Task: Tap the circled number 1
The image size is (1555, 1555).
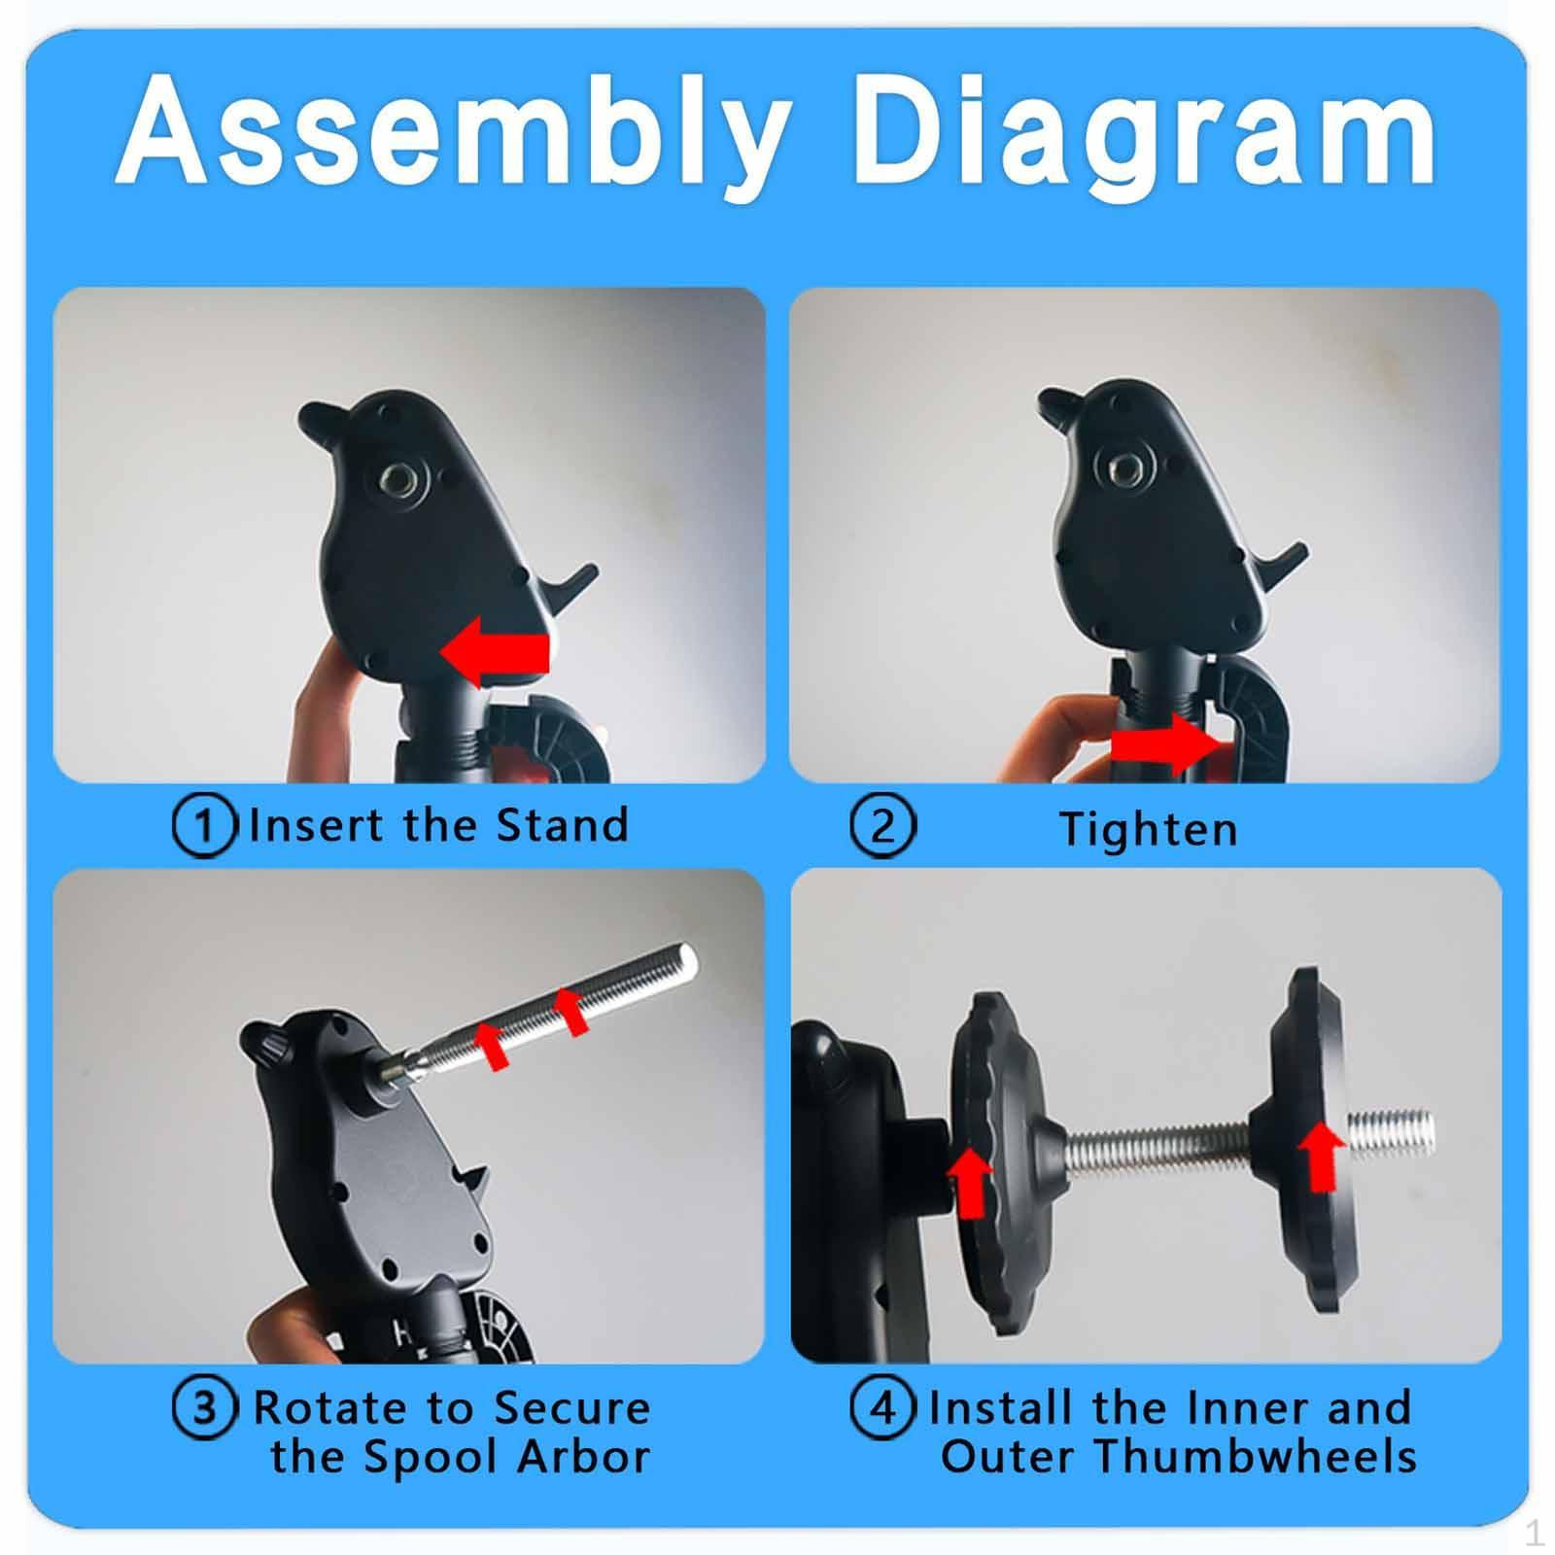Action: [x=204, y=826]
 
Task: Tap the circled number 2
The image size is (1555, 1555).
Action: [x=882, y=826]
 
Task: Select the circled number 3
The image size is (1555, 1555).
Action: [x=204, y=1408]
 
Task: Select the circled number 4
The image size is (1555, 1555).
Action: [x=882, y=1408]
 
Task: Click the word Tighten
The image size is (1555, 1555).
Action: [x=1149, y=829]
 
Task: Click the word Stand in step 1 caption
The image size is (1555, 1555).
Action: [x=562, y=825]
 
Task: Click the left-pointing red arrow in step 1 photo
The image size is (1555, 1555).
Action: [x=496, y=650]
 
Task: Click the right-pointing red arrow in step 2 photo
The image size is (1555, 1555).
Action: [x=1162, y=745]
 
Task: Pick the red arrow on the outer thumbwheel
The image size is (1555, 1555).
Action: [x=1321, y=1156]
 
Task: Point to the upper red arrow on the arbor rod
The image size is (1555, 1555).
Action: [x=570, y=1011]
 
